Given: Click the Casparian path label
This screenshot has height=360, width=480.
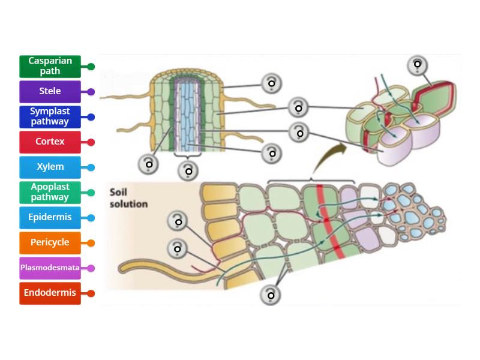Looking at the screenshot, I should [50, 67].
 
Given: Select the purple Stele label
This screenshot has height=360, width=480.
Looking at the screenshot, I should [50, 92].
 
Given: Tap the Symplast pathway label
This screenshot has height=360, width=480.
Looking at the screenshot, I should [50, 117].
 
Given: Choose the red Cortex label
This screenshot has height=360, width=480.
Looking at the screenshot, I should [50, 142].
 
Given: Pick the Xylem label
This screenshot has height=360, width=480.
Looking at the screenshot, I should [50, 167].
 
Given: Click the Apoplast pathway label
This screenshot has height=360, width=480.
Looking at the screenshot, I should [50, 193].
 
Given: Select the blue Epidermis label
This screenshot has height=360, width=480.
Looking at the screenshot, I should [50, 218].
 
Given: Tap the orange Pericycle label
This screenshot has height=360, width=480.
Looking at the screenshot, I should [50, 243].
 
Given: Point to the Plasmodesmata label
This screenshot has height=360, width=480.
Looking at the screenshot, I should [50, 268].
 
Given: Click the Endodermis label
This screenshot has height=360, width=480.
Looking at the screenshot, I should [50, 293].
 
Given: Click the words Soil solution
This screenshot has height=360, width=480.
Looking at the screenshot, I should [128, 198].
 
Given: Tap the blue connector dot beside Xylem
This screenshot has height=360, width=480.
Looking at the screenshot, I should [91, 167].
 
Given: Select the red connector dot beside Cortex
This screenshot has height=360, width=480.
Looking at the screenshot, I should [91, 142].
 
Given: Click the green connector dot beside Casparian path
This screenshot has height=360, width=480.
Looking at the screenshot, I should [91, 67].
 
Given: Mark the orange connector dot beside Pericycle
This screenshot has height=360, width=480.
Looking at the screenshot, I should [91, 243].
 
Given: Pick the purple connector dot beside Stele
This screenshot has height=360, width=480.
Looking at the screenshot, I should [91, 92].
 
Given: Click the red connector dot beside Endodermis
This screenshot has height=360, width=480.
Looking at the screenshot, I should [91, 293].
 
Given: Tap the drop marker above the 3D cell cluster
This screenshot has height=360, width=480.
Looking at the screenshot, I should [418, 65].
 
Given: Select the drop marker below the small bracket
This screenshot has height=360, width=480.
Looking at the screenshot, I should [188, 171].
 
